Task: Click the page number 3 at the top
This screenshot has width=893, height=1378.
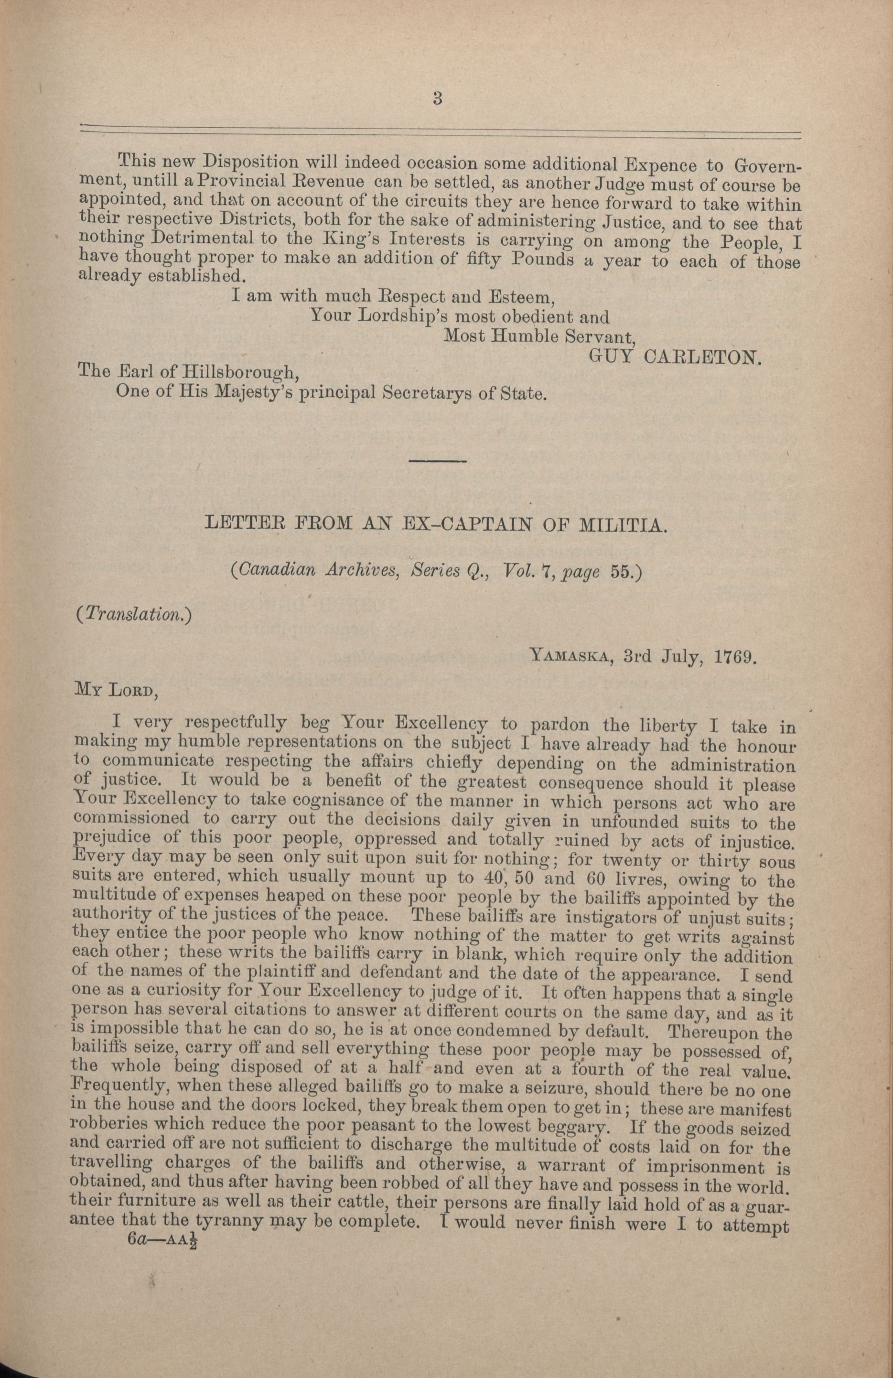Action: (x=438, y=98)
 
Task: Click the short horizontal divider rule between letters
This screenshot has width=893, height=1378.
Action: (x=438, y=460)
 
